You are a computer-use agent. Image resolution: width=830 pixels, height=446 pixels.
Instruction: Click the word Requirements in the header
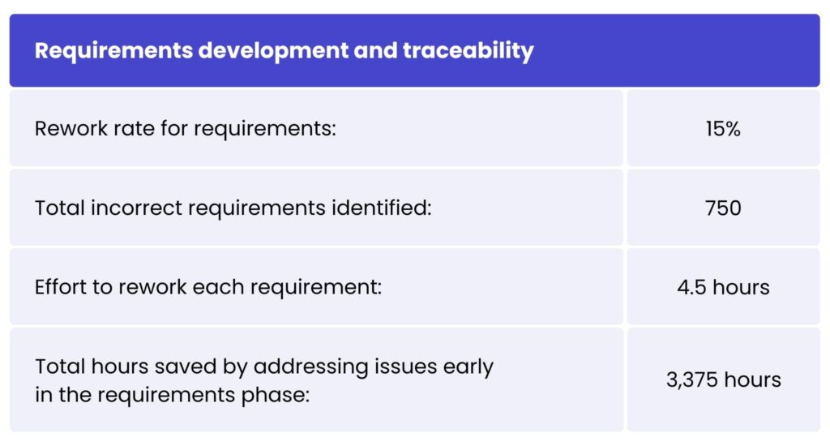coord(113,51)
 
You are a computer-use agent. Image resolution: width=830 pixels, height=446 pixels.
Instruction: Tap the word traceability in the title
coord(468,51)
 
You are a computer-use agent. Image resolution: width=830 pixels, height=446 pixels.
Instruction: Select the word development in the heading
coord(273,51)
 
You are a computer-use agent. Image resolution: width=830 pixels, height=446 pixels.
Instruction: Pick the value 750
coord(723,208)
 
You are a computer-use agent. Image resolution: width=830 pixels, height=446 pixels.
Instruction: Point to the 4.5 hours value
coord(723,287)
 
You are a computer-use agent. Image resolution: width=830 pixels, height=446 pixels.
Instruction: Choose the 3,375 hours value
coord(723,380)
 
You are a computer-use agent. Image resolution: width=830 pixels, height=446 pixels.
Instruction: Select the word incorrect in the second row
coord(136,208)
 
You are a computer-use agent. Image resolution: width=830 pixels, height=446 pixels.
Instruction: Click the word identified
coord(382,208)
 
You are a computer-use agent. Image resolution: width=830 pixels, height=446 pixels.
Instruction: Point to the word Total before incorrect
coord(60,208)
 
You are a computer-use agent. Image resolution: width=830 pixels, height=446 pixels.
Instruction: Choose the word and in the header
coord(375,51)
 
